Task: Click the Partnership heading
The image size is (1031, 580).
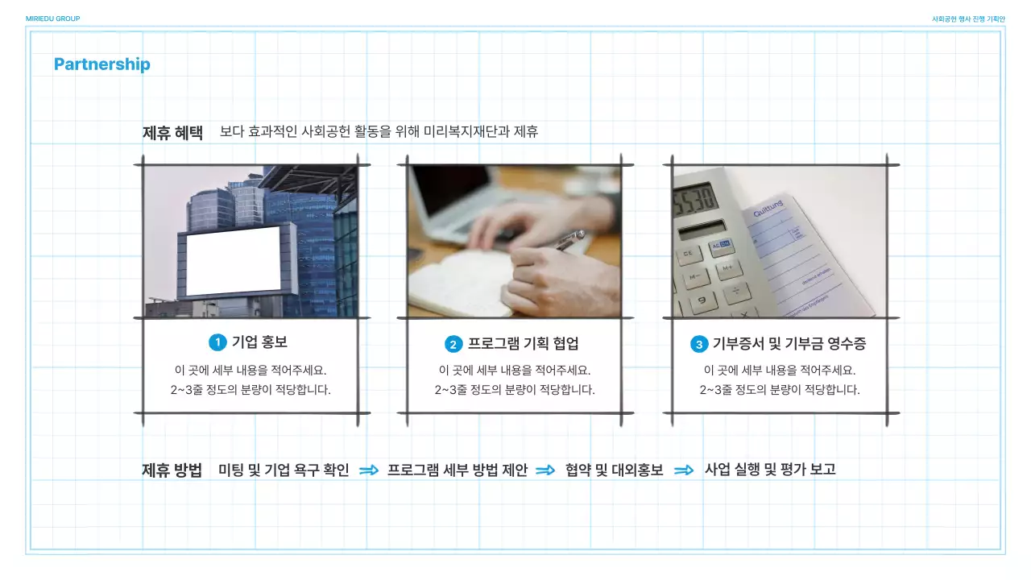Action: pos(102,64)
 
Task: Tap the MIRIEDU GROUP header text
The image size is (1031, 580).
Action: pos(52,19)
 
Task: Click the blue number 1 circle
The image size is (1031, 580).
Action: pos(217,342)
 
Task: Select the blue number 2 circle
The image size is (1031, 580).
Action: pos(453,344)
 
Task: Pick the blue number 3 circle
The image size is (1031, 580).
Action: pos(699,344)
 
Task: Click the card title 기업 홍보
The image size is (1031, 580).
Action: pos(259,342)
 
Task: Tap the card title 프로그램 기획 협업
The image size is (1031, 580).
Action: pos(523,344)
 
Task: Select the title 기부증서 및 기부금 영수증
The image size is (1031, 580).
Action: pos(789,344)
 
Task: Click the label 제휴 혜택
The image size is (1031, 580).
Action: pos(172,133)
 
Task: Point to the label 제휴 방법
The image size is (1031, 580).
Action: pos(172,470)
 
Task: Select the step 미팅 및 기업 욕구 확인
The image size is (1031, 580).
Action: pos(284,470)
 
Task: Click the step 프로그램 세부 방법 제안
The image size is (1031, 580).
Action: pos(458,470)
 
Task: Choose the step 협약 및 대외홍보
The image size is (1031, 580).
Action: pos(615,470)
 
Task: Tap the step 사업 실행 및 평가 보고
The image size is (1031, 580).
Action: pos(770,470)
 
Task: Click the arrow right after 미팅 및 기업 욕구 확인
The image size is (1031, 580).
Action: pos(369,470)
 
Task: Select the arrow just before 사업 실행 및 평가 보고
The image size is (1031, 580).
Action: pos(684,470)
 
